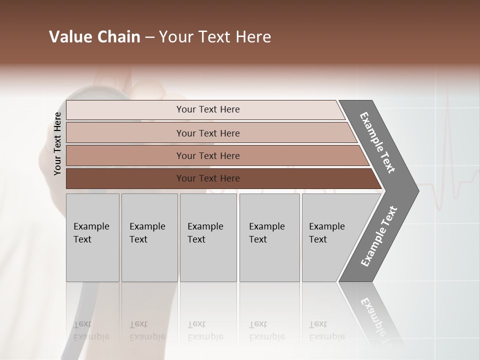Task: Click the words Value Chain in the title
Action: click(94, 37)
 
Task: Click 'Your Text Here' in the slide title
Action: click(215, 37)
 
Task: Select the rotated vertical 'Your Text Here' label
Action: click(57, 144)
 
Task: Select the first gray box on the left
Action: click(92, 237)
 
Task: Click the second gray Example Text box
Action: click(149, 237)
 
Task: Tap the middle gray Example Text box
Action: click(208, 237)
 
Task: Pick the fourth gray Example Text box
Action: click(269, 237)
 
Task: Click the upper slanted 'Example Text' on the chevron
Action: click(377, 142)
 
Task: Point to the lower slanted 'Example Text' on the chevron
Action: click(379, 236)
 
